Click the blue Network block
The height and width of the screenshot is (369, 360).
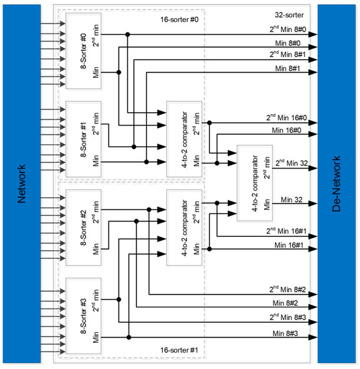pos(21,184)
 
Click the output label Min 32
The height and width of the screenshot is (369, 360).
pos(292,199)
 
